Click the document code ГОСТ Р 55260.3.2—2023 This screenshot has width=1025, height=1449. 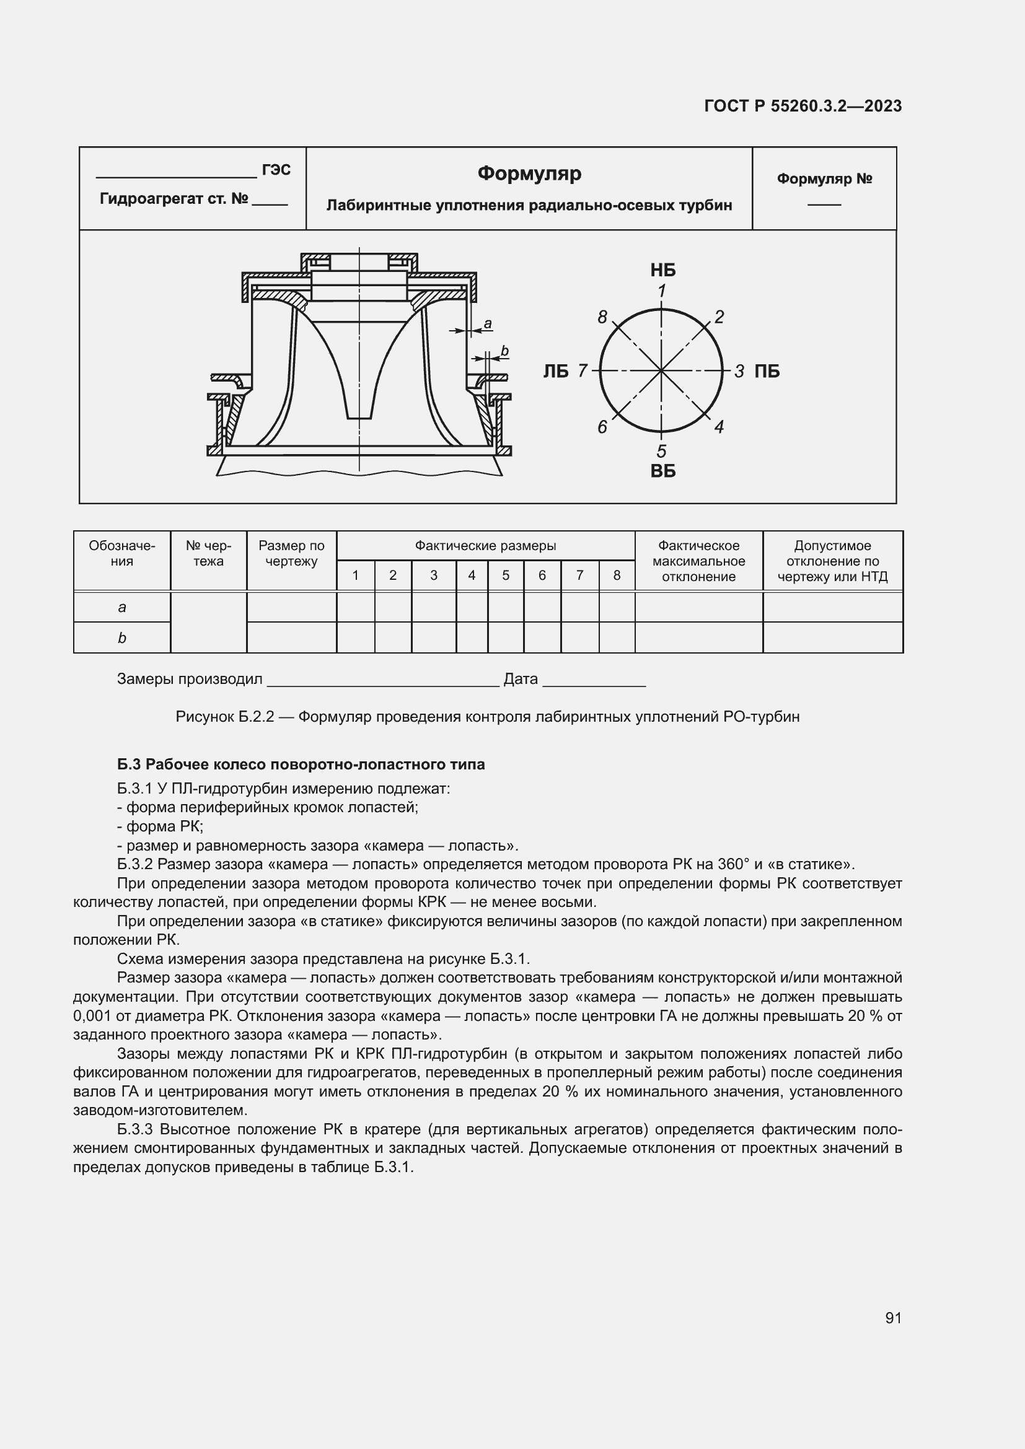pyautogui.click(x=803, y=106)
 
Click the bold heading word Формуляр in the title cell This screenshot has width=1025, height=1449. pyautogui.click(x=529, y=173)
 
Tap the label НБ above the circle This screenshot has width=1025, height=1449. pyautogui.click(x=662, y=270)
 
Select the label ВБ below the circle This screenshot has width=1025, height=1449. pyautogui.click(x=662, y=471)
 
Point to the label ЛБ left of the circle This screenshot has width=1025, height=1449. pyautogui.click(x=555, y=371)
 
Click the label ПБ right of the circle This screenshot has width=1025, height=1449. pyautogui.click(x=767, y=371)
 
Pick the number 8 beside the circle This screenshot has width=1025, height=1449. pyautogui.click(x=602, y=317)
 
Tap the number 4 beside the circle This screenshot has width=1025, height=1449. pyautogui.click(x=719, y=427)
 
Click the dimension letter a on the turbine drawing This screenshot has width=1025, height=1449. pyautogui.click(x=487, y=325)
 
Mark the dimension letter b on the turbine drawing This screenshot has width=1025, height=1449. pyautogui.click(x=504, y=351)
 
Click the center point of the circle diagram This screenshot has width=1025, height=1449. pyautogui.click(x=661, y=371)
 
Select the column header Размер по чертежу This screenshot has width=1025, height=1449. pyautogui.click(x=291, y=553)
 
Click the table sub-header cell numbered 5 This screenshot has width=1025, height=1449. pyautogui.click(x=506, y=575)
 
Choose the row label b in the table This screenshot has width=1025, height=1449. pyautogui.click(x=122, y=638)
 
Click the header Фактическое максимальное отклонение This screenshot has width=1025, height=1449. pyautogui.click(x=698, y=561)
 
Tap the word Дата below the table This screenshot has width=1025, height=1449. pyautogui.click(x=521, y=679)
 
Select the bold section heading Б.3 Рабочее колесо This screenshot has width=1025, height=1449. pyautogui.click(x=301, y=764)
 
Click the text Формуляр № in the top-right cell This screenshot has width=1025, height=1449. pyautogui.click(x=824, y=179)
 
